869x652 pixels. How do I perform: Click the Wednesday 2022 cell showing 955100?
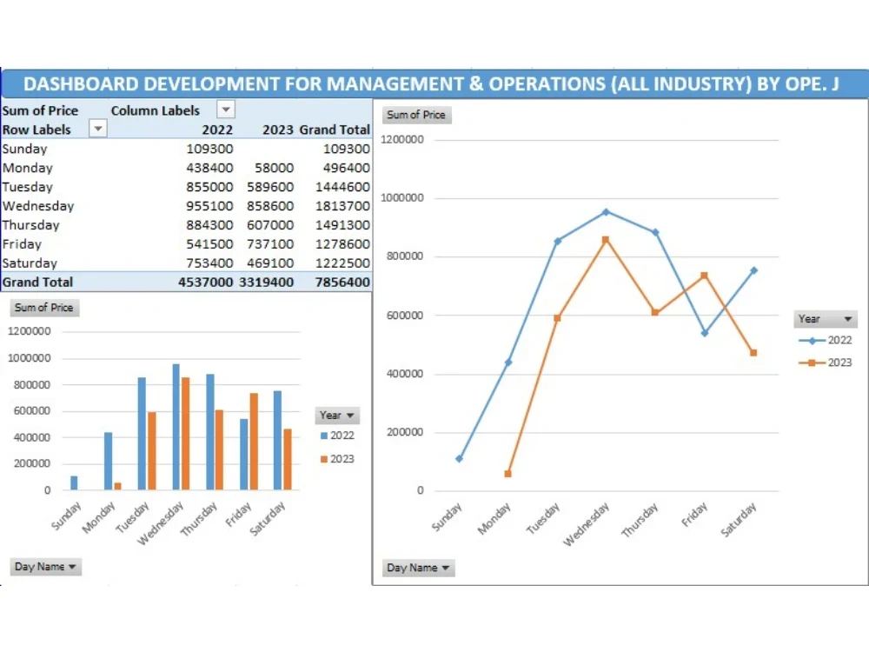209,206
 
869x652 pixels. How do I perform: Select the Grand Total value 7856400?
346,283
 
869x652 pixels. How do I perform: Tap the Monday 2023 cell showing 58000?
275,168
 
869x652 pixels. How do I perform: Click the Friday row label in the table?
22,244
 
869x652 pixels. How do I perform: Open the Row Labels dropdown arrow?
98,129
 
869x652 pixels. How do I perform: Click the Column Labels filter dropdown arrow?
225,110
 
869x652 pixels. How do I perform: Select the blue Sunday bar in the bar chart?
74,482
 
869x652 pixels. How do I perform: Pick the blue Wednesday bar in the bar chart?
176,427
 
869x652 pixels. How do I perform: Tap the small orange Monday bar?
117,486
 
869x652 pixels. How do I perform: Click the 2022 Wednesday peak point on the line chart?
606,211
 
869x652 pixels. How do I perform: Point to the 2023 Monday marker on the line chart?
507,474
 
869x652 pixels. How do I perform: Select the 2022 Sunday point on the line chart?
459,458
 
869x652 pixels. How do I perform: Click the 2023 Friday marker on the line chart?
704,276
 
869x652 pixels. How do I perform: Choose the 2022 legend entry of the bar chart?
336,436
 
